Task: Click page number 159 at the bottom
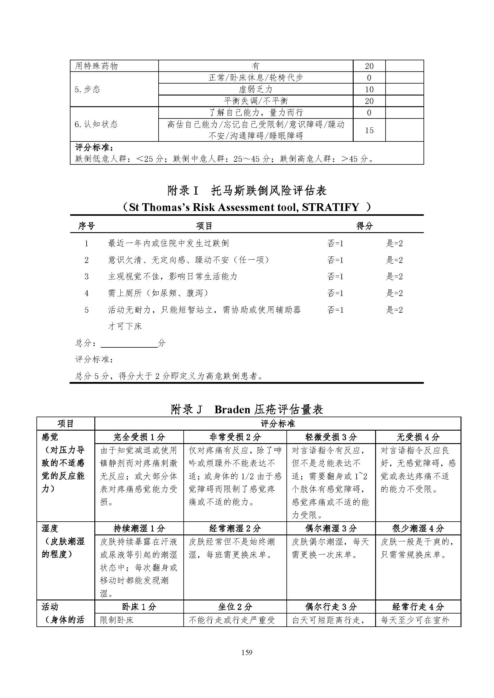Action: (x=247, y=652)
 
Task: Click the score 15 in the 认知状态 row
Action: (x=369, y=130)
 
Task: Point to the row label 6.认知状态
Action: (x=96, y=124)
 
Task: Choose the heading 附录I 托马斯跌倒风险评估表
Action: (x=247, y=191)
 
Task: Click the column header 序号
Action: (x=86, y=226)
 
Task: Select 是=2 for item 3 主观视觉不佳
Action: (x=394, y=276)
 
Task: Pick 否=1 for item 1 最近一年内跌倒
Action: (x=335, y=243)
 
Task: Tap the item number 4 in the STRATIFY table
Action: (x=86, y=293)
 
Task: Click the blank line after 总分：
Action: (x=129, y=343)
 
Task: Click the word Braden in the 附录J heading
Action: (x=232, y=409)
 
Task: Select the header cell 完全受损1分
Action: (x=139, y=437)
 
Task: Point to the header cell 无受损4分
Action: (x=418, y=437)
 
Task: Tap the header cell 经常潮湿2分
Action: (x=235, y=528)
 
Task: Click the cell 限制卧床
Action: (x=117, y=620)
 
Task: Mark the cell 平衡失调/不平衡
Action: (x=256, y=101)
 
